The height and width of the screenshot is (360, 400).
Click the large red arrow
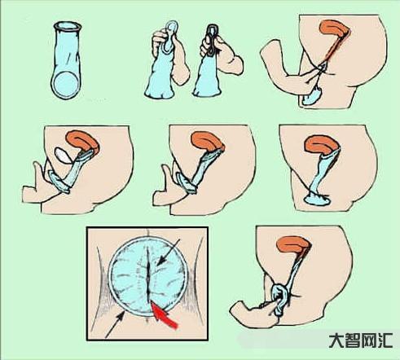[x=164, y=315]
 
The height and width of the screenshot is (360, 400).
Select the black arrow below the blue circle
[x=115, y=325]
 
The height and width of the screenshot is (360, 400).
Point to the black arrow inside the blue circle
[x=169, y=252]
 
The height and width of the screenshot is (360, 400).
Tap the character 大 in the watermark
[x=336, y=340]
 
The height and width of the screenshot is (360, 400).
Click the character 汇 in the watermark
[x=385, y=340]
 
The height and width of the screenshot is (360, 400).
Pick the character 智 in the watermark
[x=353, y=340]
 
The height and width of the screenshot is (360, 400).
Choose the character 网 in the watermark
[x=369, y=340]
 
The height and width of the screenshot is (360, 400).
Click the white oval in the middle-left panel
[x=64, y=156]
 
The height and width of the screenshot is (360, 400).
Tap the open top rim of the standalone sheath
[x=68, y=26]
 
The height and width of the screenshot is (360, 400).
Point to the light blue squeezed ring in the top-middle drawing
[x=171, y=33]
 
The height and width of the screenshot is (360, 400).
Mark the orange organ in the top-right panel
[x=333, y=30]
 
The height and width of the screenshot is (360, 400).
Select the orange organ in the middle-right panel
[x=322, y=145]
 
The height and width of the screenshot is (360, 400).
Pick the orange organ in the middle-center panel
[x=207, y=141]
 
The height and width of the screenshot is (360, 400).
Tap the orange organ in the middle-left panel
[x=82, y=140]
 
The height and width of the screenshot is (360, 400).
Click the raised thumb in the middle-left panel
[x=38, y=170]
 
